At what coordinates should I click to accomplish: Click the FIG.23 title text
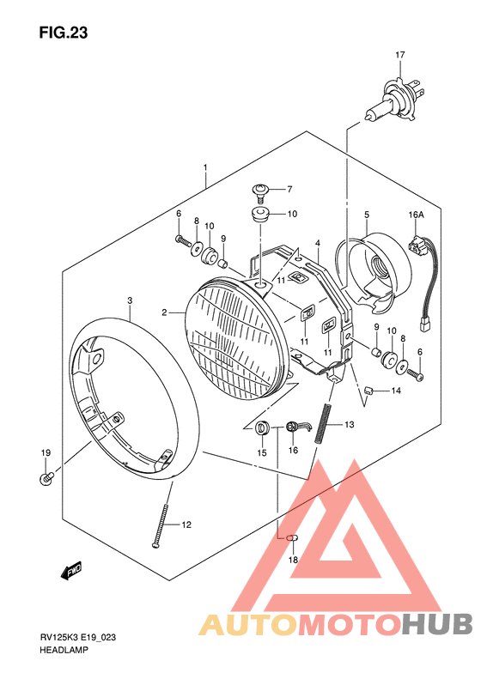64,33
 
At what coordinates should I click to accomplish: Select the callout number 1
205,167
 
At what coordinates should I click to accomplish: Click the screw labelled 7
261,192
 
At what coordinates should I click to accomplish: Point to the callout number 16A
416,215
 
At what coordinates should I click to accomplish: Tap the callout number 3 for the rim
130,300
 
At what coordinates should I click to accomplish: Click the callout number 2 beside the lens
164,312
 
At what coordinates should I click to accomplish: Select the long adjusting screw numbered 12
161,525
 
